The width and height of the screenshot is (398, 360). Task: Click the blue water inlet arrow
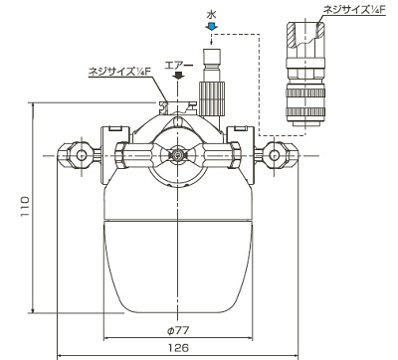tap(211, 27)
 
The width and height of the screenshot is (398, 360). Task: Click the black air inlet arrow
tap(178, 76)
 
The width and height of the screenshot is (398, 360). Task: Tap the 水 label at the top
tap(211, 15)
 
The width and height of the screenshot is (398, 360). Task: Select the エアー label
tap(179, 65)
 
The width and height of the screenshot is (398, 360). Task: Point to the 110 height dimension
tap(25, 207)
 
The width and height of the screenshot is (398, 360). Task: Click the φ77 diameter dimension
tap(178, 330)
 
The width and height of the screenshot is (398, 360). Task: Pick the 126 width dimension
tap(178, 348)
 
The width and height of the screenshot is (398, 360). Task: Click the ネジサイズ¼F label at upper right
tap(354, 10)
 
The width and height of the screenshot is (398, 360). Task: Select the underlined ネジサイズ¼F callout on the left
tap(119, 72)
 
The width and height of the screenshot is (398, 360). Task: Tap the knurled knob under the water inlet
tap(212, 98)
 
